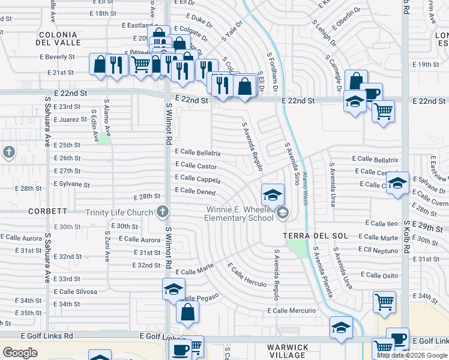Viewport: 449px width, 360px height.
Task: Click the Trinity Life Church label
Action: [x=119, y=212]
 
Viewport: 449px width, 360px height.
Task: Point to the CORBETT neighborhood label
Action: [x=47, y=212]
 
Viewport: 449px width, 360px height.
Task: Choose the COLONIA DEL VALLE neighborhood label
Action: [x=58, y=39]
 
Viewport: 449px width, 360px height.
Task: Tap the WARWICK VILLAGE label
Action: [x=288, y=351]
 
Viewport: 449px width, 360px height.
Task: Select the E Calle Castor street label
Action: [x=196, y=166]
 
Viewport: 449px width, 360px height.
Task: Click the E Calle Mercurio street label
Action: [x=291, y=311]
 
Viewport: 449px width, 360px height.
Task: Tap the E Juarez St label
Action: [x=70, y=120]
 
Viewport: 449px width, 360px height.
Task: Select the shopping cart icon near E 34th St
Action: [x=384, y=301]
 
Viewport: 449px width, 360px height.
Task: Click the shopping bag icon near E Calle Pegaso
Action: [x=187, y=311]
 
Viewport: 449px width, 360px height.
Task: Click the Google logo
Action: [x=20, y=353]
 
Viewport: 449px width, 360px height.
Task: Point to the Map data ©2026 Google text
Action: [x=412, y=355]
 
